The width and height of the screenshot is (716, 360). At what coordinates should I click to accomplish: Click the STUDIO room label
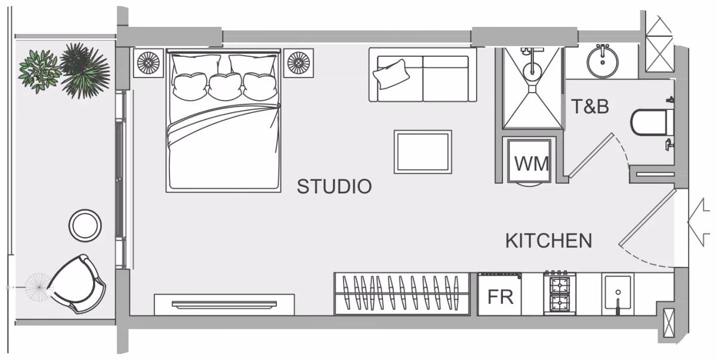(334, 186)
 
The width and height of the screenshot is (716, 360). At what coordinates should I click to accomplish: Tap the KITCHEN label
(548, 241)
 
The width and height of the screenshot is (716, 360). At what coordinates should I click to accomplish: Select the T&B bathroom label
(590, 106)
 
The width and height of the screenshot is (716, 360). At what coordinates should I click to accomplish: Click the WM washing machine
(529, 161)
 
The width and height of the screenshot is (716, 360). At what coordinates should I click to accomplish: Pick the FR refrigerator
(499, 294)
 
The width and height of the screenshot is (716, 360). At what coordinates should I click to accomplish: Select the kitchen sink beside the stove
(618, 294)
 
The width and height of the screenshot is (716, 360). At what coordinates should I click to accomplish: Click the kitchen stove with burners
(560, 293)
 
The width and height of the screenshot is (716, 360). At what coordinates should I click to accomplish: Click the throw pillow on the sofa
(391, 74)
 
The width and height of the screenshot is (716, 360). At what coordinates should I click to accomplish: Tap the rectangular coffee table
(423, 152)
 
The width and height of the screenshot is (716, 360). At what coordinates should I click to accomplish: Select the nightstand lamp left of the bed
(149, 63)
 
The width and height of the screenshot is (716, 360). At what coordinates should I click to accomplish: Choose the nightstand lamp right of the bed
(298, 63)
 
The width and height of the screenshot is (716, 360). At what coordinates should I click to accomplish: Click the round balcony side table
(85, 226)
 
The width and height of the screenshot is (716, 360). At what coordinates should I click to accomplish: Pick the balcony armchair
(77, 284)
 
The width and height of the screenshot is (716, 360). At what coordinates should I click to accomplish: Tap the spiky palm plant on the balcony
(85, 70)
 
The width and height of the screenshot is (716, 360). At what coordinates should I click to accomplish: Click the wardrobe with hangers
(402, 294)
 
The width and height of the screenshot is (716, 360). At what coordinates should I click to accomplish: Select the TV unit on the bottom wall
(224, 304)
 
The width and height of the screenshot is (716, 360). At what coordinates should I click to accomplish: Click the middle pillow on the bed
(225, 87)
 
